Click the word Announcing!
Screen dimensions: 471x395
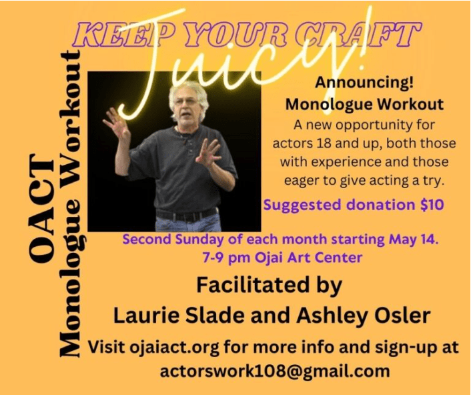tap(364, 82)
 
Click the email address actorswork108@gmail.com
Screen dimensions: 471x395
tap(275, 371)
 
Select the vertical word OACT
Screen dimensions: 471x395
tap(41, 209)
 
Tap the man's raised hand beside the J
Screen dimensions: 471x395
tap(116, 123)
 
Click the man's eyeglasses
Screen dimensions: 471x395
tap(187, 101)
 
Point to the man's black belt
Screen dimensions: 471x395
tap(187, 214)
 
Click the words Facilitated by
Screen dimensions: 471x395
tap(270, 286)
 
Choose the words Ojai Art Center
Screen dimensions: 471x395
tap(308, 258)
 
